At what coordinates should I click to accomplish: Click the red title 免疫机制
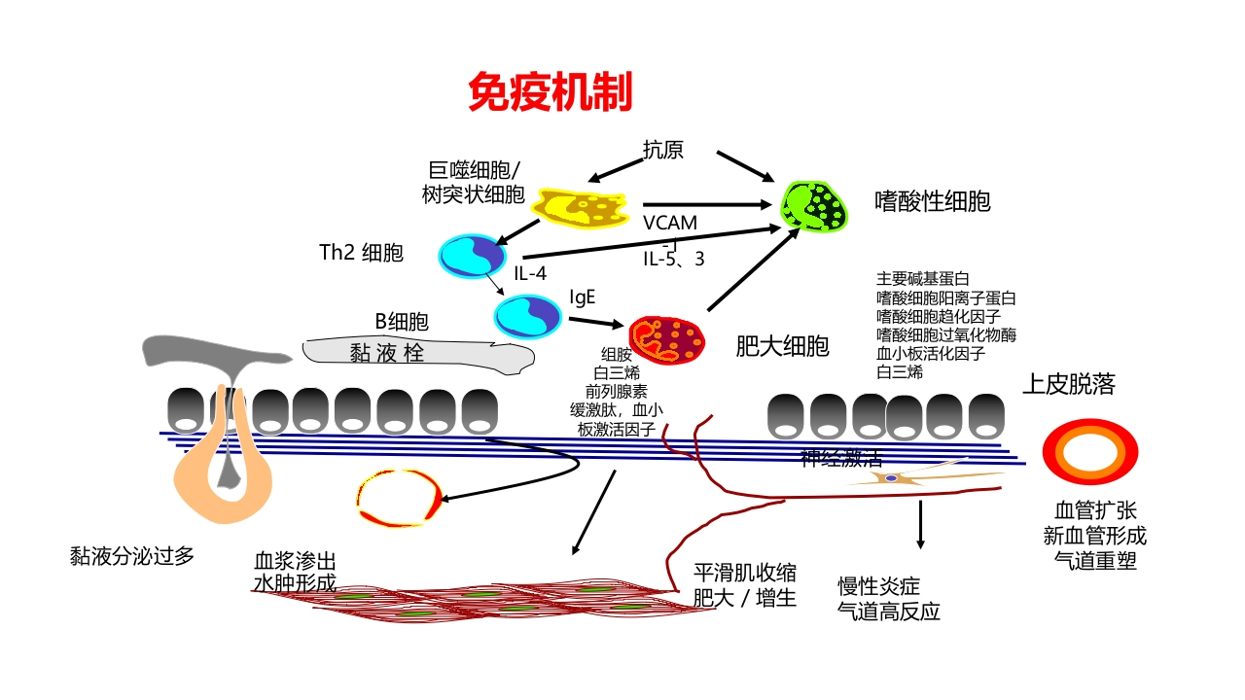(x=550, y=92)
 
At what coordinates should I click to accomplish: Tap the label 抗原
(x=662, y=149)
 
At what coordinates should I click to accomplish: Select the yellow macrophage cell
(x=581, y=205)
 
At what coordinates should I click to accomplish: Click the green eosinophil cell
(x=818, y=206)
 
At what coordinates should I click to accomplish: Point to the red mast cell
(x=666, y=339)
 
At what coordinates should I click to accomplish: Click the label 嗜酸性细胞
(x=932, y=201)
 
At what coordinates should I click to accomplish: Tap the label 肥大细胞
(x=782, y=345)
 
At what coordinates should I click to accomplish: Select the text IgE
(x=583, y=296)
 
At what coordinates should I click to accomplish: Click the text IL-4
(x=530, y=273)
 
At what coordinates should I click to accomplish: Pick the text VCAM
(x=669, y=223)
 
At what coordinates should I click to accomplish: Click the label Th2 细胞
(x=361, y=253)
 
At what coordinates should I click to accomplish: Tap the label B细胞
(x=402, y=322)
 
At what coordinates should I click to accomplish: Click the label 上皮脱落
(x=1068, y=384)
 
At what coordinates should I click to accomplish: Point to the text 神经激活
(x=840, y=457)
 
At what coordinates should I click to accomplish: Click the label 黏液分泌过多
(x=132, y=555)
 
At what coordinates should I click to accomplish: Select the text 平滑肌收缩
(x=744, y=571)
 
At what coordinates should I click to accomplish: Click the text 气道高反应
(x=889, y=612)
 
